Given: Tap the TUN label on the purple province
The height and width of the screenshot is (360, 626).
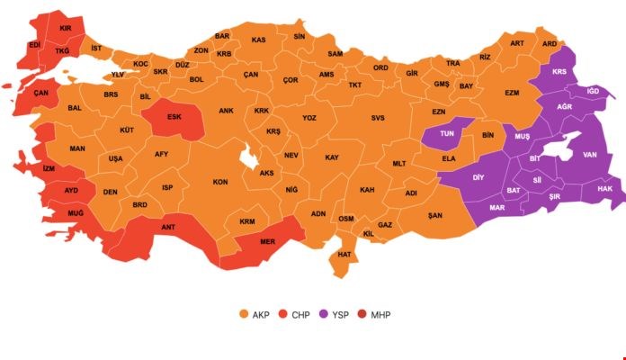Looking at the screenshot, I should click(446, 133).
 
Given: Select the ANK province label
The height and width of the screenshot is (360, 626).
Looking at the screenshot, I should click(227, 112).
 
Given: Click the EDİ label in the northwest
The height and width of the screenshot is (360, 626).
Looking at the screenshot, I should click(34, 44).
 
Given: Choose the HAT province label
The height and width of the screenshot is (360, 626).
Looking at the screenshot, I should click(344, 255).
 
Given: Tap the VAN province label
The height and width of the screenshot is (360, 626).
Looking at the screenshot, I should click(590, 155).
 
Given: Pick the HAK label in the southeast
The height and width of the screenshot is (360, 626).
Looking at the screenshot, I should click(604, 189).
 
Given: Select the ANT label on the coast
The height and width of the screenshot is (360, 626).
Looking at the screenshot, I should click(167, 227).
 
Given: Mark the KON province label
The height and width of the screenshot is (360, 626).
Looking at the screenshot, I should click(219, 182).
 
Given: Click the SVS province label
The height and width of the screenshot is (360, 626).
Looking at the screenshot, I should click(377, 118).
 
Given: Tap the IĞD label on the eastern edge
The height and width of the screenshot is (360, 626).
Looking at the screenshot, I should click(593, 91).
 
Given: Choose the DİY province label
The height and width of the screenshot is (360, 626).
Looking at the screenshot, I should click(479, 177).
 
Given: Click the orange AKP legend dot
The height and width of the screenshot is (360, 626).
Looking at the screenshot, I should click(243, 314).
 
